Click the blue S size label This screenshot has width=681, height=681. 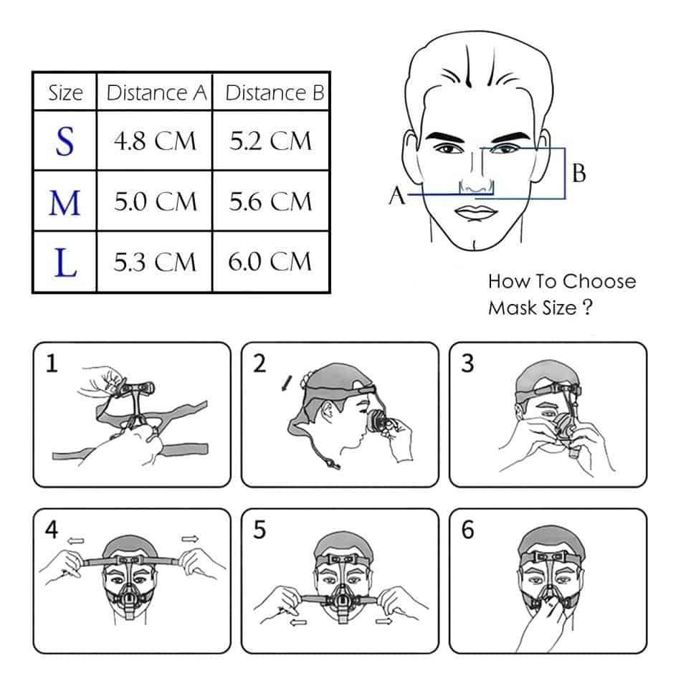[x=65, y=141]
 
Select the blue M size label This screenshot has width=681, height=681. [x=65, y=203]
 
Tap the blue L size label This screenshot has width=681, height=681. [x=65, y=262]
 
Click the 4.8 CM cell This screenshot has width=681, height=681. [x=155, y=141]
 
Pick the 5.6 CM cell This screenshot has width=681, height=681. [x=271, y=202]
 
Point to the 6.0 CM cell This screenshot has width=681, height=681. [x=271, y=262]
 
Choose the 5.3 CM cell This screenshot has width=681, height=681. [x=155, y=262]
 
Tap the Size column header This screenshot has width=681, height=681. [x=65, y=93]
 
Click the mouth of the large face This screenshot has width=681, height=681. [x=474, y=213]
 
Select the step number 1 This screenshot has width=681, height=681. [x=51, y=365]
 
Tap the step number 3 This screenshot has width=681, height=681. [x=467, y=365]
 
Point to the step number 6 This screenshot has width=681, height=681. [x=467, y=531]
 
